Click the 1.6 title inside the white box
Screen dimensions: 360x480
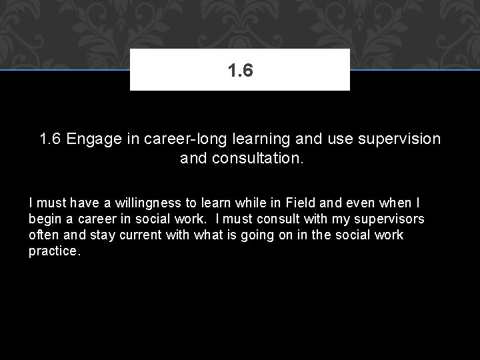click(x=240, y=69)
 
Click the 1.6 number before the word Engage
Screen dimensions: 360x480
click(x=51, y=139)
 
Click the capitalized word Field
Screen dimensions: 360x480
click(x=300, y=202)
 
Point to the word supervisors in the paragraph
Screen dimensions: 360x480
click(x=388, y=219)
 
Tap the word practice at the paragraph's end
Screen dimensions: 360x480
click(x=54, y=252)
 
